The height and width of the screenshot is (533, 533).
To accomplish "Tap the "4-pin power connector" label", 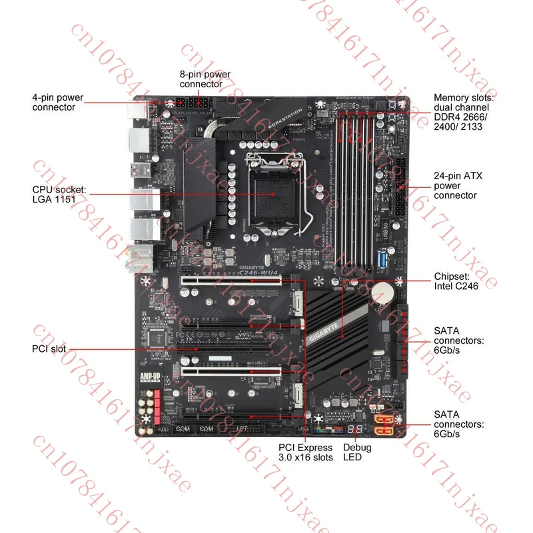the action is pyautogui.click(x=58, y=102).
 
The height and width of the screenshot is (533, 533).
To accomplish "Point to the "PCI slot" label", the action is pyautogui.click(x=49, y=348).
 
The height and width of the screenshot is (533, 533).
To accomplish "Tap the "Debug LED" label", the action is pyautogui.click(x=357, y=452).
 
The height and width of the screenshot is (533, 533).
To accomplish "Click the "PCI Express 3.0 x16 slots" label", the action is pyautogui.click(x=305, y=452).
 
